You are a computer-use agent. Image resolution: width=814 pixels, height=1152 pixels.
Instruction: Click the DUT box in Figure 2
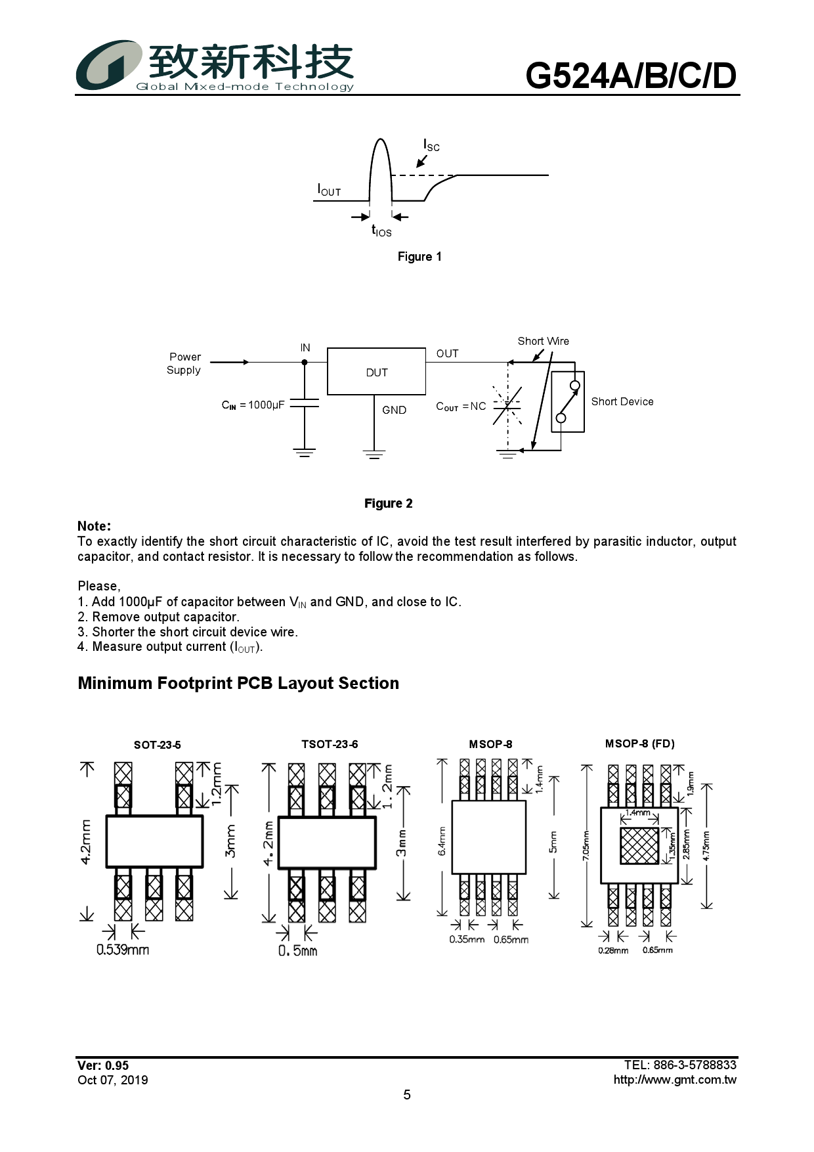click(376, 372)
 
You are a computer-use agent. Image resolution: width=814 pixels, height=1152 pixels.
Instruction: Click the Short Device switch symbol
click(568, 401)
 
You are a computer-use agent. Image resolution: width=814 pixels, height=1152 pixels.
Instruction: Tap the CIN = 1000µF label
click(253, 405)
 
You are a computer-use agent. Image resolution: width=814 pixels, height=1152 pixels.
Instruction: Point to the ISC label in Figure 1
click(431, 144)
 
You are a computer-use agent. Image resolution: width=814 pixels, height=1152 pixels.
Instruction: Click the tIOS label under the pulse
click(381, 231)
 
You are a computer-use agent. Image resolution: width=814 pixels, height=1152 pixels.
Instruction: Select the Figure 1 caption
click(419, 257)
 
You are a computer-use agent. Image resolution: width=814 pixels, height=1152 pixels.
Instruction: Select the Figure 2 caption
click(389, 504)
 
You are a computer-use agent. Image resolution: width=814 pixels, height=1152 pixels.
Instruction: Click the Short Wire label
click(543, 341)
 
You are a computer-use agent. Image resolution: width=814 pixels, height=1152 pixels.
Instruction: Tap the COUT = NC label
click(461, 407)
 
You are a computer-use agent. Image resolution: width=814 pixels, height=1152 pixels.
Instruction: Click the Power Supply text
click(184, 363)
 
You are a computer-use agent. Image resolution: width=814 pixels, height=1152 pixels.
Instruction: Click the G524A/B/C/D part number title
click(631, 76)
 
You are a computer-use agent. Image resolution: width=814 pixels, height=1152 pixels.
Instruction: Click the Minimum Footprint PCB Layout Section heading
click(238, 683)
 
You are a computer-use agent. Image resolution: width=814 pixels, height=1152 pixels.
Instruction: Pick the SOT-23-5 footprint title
click(157, 745)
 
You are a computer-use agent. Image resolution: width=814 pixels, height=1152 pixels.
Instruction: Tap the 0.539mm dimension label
click(123, 950)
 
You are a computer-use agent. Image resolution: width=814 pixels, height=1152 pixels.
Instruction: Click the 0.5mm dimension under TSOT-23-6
click(297, 951)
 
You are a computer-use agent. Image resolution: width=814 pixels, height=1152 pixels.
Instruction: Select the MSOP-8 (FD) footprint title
click(639, 743)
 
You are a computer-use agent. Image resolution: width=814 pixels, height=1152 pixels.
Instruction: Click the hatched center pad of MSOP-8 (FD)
click(639, 846)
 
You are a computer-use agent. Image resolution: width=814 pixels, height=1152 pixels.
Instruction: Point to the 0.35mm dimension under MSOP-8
click(467, 940)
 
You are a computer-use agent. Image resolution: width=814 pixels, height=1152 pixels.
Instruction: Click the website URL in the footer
click(675, 1080)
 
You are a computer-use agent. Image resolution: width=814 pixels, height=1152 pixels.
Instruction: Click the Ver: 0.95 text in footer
click(103, 1065)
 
